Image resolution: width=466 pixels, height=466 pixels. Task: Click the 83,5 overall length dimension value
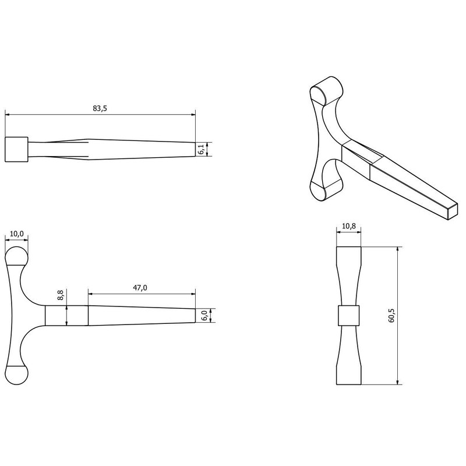(100, 109)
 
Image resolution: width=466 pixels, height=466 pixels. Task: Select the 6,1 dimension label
(201, 150)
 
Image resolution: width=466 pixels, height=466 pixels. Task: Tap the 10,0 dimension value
(17, 234)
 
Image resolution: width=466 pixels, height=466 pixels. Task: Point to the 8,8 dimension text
(61, 296)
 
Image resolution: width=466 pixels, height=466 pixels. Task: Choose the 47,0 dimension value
(141, 288)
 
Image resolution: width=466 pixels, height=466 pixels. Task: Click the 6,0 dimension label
(203, 315)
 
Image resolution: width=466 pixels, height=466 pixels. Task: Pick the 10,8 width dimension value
(349, 225)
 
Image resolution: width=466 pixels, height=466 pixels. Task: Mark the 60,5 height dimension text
(392, 315)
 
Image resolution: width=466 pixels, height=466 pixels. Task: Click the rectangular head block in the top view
(16, 149)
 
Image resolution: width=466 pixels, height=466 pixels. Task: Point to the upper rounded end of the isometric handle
(326, 91)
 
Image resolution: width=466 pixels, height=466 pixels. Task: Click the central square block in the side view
(349, 315)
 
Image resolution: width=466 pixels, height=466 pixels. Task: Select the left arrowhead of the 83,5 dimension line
(8, 114)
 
